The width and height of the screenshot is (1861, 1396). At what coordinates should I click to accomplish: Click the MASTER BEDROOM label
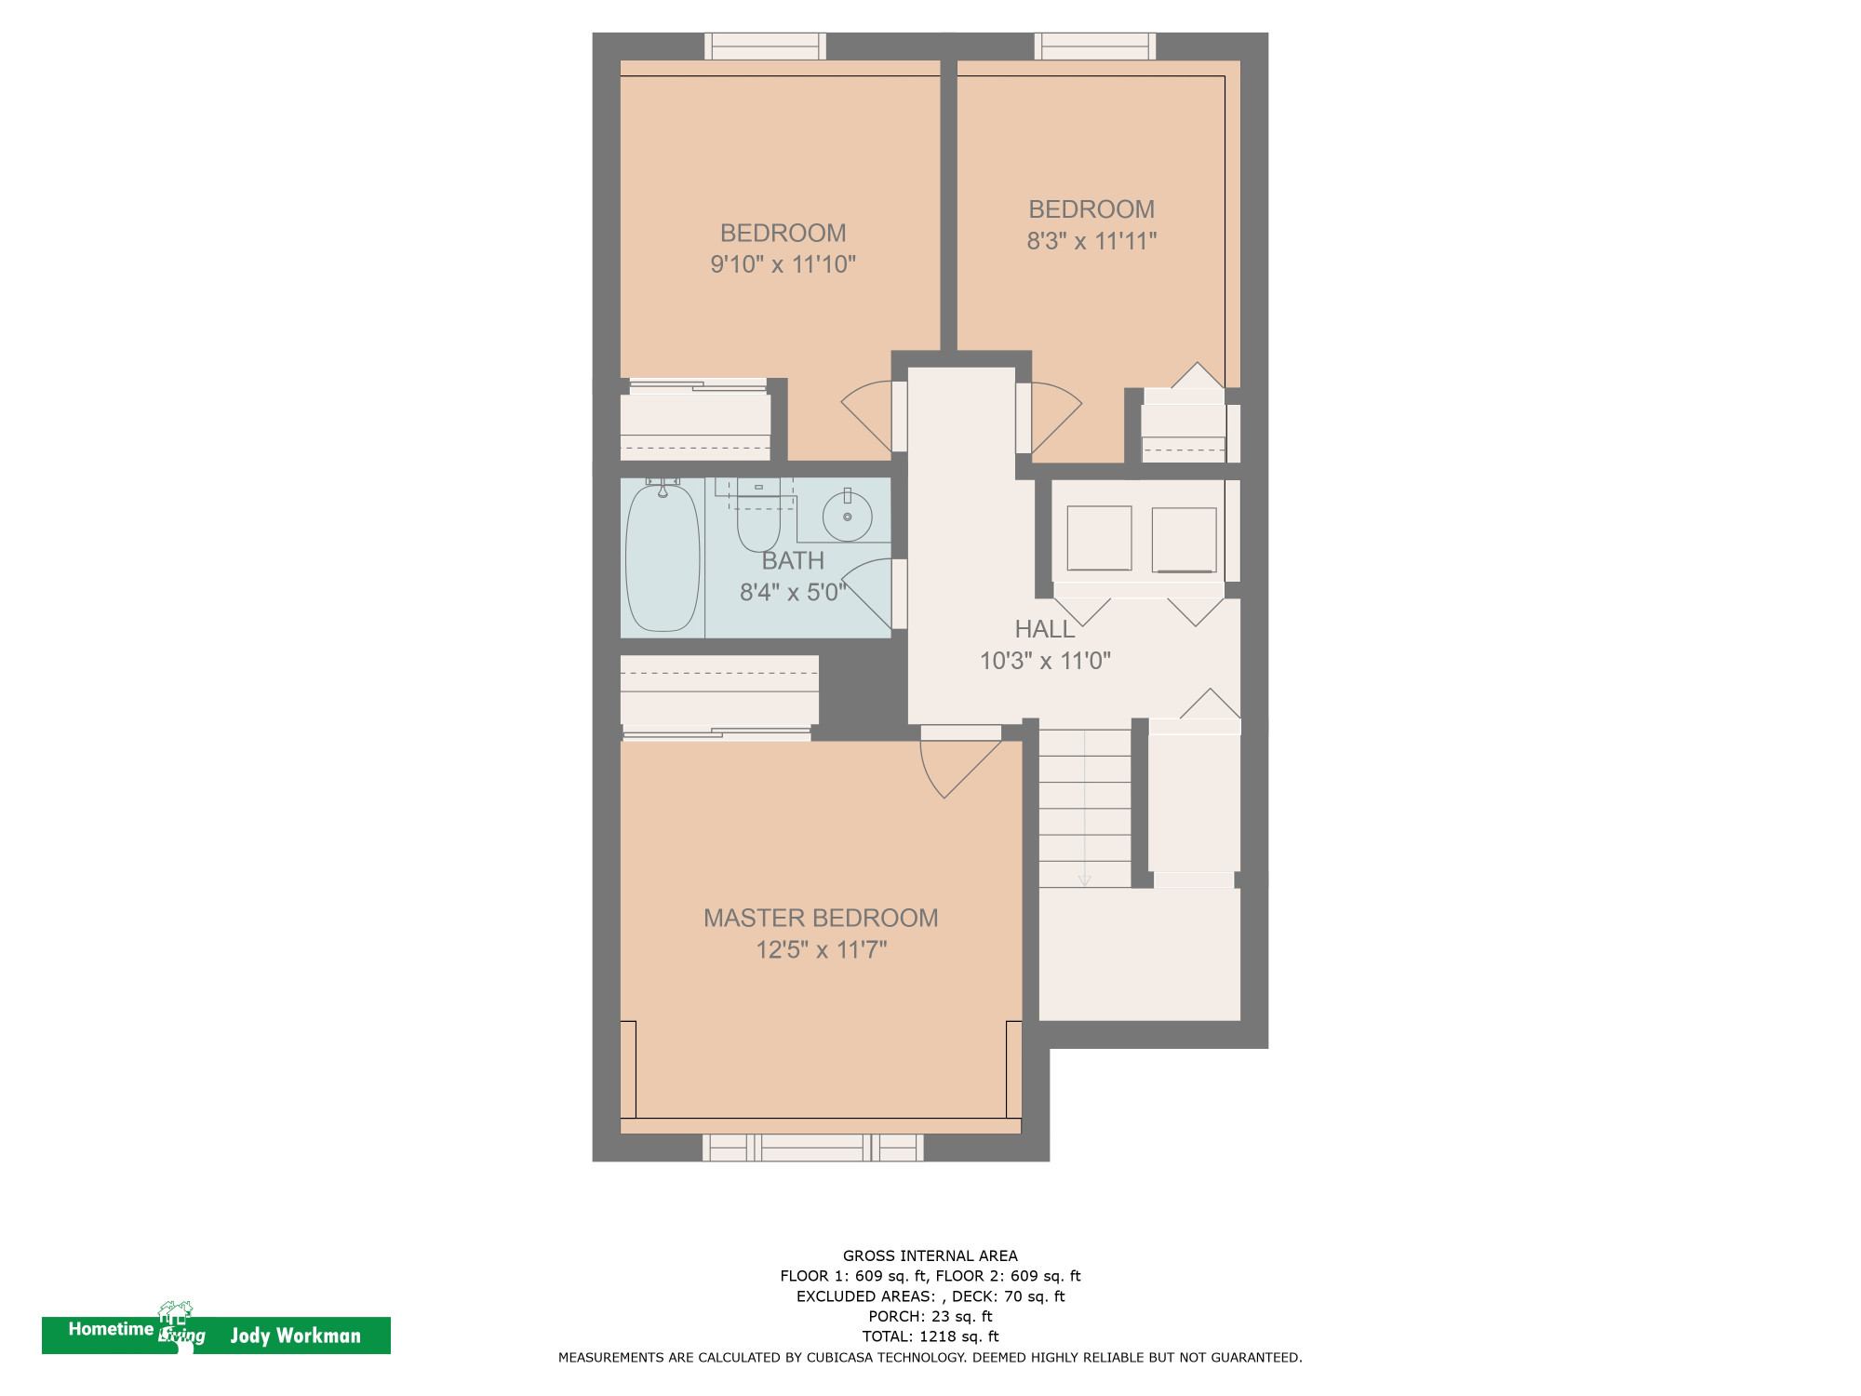[820, 918]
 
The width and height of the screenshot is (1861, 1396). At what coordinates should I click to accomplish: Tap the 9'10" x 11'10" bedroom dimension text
[783, 264]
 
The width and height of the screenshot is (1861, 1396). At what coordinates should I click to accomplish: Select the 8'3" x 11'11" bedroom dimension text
[1091, 241]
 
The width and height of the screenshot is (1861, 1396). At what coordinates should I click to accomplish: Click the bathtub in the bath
[663, 558]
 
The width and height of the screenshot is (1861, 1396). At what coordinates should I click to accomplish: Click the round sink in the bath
[847, 517]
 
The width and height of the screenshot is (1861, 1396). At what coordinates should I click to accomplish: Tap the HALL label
[1044, 629]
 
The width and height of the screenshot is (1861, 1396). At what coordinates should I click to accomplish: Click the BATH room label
[793, 560]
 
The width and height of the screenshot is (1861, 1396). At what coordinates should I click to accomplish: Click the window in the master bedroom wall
[812, 1148]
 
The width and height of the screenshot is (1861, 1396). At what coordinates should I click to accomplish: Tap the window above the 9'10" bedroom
[765, 47]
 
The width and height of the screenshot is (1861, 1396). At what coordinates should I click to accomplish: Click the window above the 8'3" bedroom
[1094, 47]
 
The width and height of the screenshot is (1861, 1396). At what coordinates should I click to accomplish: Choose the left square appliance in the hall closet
[1099, 538]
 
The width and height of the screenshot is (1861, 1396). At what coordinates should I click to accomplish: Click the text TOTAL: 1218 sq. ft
[930, 1336]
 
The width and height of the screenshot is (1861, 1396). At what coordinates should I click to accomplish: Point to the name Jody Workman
[295, 1336]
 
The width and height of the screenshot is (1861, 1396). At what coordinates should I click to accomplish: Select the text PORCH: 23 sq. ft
[930, 1316]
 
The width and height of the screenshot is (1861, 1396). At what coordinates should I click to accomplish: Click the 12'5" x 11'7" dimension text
[821, 949]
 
